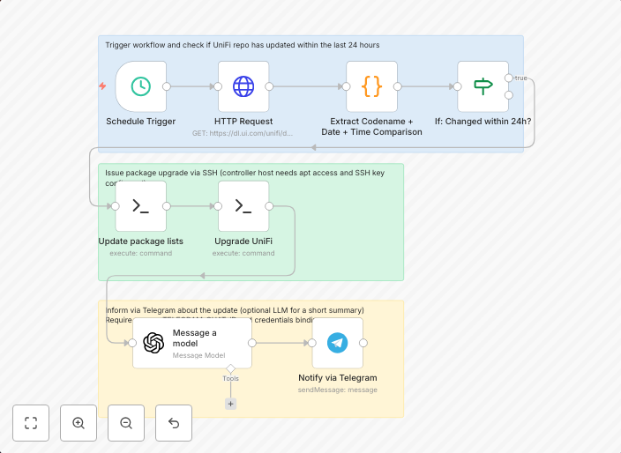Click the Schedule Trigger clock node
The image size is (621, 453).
(140, 86)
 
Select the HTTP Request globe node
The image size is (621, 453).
(243, 86)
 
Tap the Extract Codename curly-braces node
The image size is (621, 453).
(371, 86)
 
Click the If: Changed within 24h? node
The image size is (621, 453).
(483, 86)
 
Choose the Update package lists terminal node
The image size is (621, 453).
(140, 206)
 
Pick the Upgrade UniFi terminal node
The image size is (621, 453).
(243, 206)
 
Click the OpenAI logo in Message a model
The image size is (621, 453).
(154, 343)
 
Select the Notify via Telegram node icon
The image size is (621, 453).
(337, 343)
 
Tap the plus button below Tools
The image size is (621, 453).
(230, 404)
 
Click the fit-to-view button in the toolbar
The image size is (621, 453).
(31, 423)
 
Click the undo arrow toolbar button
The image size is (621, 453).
(174, 423)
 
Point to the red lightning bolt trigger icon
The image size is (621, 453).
(103, 86)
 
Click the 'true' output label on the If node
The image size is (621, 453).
(520, 78)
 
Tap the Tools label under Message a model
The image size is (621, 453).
(230, 378)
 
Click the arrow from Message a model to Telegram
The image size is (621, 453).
(282, 343)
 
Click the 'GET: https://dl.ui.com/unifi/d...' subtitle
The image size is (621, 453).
(243, 133)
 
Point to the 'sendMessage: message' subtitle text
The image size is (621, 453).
(337, 390)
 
